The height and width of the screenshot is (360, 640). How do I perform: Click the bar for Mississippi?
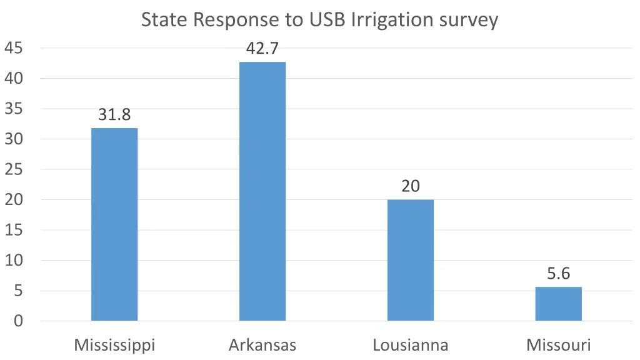click(x=114, y=224)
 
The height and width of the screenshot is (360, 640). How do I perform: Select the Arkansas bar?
click(x=262, y=191)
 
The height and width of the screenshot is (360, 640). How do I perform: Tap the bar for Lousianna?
click(x=411, y=260)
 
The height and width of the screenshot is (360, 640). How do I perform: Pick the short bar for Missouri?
click(x=559, y=304)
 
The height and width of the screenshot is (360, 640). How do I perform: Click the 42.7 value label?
click(x=262, y=49)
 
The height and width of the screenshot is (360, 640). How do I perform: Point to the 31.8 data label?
click(x=114, y=115)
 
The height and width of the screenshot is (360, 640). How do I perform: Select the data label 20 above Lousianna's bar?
click(x=411, y=186)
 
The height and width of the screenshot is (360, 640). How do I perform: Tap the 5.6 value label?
click(x=559, y=274)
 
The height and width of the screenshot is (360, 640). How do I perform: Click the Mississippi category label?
click(x=114, y=345)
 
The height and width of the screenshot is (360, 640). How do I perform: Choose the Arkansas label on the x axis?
click(x=262, y=345)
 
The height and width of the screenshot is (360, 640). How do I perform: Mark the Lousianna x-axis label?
click(x=411, y=345)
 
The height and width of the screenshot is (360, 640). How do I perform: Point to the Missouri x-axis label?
click(x=559, y=345)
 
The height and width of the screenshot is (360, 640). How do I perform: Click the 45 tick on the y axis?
click(x=14, y=48)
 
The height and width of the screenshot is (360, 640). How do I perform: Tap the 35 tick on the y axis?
click(x=14, y=109)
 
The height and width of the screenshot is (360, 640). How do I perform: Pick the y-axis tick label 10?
click(x=14, y=261)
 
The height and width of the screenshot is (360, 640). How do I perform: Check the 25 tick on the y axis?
click(x=14, y=169)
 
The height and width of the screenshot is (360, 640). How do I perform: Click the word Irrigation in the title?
click(x=389, y=21)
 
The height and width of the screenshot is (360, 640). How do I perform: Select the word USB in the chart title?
click(x=327, y=20)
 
